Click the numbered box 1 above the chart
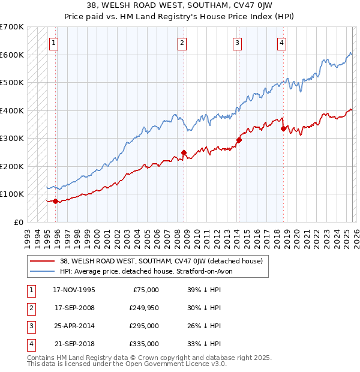click(55, 43)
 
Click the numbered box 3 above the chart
click(238, 43)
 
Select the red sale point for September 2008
click(184, 152)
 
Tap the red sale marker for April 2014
click(239, 140)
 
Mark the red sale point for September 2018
click(283, 128)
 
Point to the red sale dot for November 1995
click(55, 201)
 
